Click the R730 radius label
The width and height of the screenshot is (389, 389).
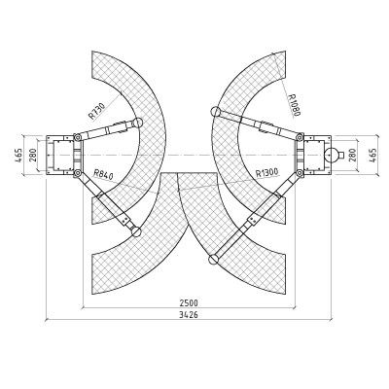point(96,111)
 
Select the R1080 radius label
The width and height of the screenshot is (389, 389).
point(295,105)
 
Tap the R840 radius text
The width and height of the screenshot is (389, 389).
point(103,174)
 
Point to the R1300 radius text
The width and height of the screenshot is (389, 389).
point(267,172)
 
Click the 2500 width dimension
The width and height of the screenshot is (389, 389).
point(189,303)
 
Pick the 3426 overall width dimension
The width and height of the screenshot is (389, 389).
point(189,315)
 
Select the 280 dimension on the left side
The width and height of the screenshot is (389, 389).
point(33,155)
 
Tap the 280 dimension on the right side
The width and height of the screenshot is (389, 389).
point(352,155)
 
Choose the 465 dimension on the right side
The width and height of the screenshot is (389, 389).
point(373,155)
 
